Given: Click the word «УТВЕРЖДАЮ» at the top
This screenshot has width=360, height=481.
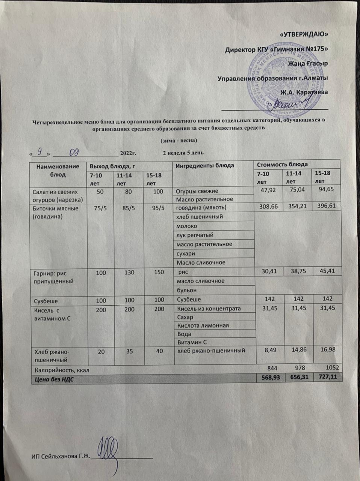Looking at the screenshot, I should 304,35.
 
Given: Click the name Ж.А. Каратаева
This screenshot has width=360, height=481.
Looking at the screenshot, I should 304,92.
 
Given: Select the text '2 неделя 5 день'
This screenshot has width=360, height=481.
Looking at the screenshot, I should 183,153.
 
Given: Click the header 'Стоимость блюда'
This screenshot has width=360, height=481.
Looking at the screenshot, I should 282,164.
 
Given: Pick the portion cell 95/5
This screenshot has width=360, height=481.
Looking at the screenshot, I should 158,208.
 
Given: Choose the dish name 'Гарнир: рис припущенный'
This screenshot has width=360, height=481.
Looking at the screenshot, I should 51,277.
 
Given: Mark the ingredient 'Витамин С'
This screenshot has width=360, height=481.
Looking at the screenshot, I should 192,342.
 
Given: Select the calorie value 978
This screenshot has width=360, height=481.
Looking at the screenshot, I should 299,368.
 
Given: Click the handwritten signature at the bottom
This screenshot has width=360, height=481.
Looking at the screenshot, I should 109,451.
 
